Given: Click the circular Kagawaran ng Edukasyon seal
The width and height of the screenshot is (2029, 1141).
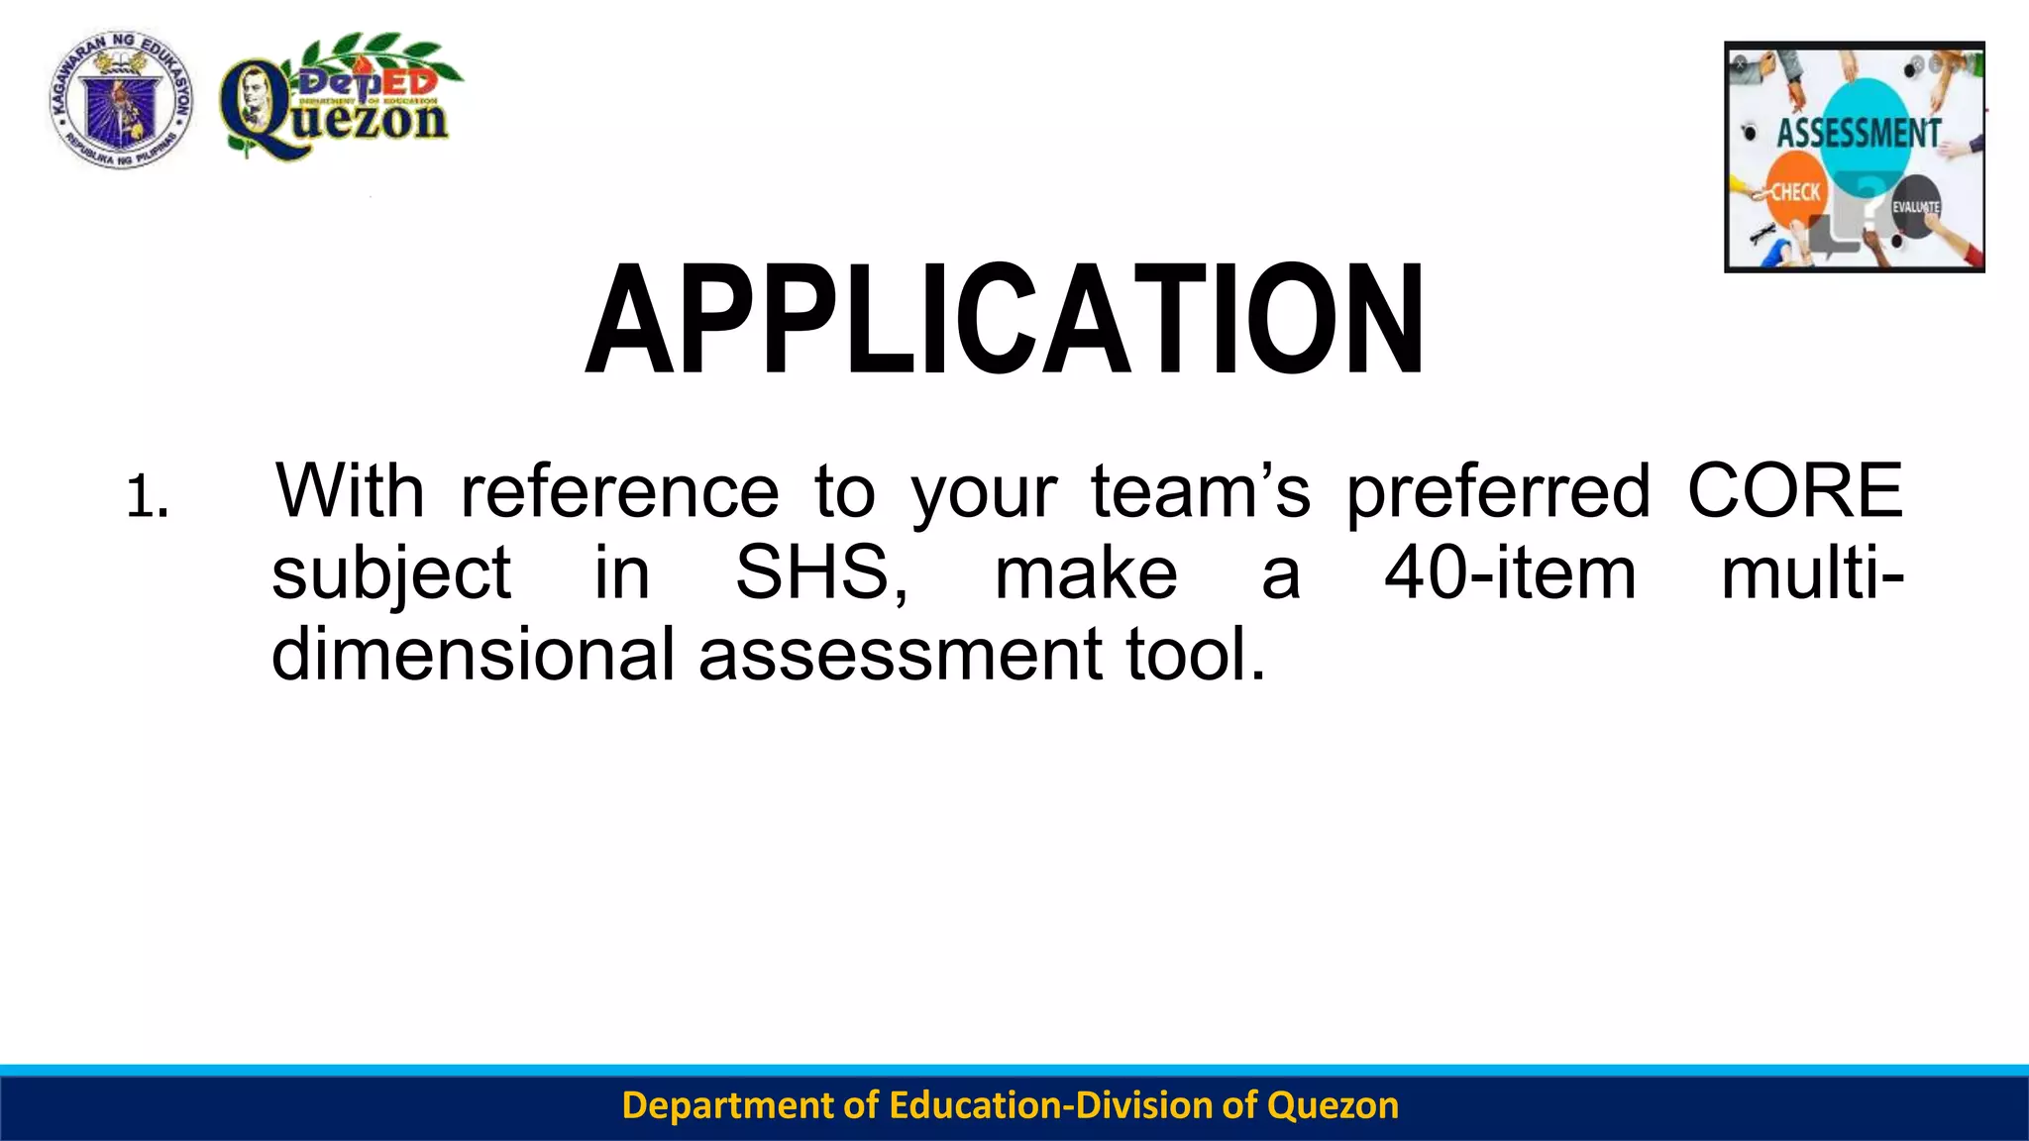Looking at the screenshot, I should tap(121, 99).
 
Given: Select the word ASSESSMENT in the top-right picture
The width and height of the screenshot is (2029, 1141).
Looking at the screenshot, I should tap(1858, 133).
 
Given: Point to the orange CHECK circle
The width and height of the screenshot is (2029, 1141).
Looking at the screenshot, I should tap(1794, 191).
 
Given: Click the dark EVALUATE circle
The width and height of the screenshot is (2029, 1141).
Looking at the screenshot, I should tap(1915, 207).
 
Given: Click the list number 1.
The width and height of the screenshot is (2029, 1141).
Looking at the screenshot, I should tap(147, 497).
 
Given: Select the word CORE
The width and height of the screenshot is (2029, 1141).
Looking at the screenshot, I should tap(1794, 490).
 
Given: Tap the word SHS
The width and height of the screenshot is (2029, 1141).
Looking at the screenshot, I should tap(820, 572).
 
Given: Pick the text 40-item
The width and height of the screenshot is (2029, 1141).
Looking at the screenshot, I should tap(1510, 572).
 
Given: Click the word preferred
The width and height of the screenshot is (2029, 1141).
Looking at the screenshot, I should tap(1498, 492).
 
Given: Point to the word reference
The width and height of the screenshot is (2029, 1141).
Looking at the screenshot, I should tap(620, 490).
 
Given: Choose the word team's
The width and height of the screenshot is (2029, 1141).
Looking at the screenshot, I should tap(1201, 490).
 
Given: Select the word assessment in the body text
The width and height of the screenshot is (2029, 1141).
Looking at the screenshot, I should tap(901, 656).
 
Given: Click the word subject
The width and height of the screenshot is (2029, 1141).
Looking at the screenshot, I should tap(391, 574).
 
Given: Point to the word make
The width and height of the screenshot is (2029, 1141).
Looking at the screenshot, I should tap(1086, 572).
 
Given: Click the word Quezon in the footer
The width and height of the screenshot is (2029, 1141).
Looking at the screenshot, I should tap(1333, 1105).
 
